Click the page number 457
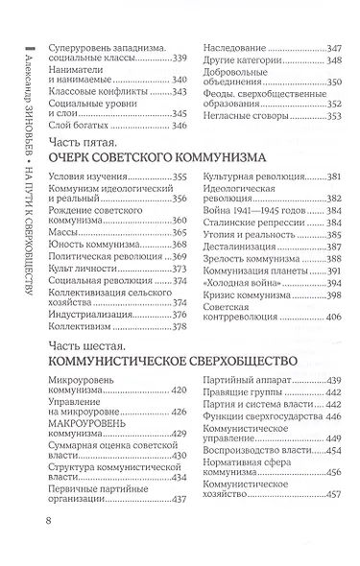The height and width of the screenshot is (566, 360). click(x=332, y=522)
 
